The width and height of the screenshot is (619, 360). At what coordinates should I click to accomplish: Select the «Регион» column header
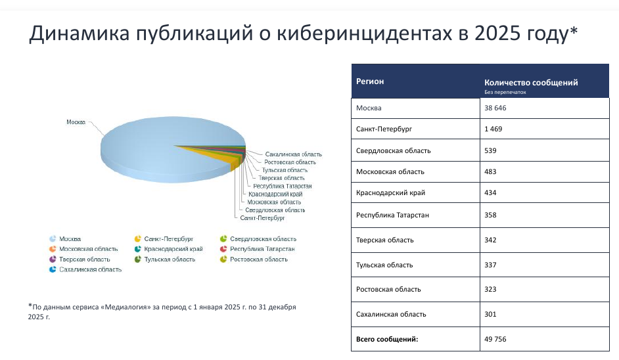tap(370, 81)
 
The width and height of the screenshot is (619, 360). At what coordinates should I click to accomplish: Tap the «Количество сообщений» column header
tap(531, 83)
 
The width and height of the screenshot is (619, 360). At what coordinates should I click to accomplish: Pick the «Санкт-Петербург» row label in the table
tap(384, 129)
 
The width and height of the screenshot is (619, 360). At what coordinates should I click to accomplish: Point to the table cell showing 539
tap(490, 150)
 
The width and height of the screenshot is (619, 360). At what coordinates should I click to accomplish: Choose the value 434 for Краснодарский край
tap(490, 192)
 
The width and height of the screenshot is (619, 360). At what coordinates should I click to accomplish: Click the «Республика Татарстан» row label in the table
tap(394, 215)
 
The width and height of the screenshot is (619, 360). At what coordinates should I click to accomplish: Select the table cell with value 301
tap(490, 314)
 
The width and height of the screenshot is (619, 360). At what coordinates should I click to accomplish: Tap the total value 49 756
tap(495, 339)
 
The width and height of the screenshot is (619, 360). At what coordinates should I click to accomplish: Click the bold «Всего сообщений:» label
tap(387, 339)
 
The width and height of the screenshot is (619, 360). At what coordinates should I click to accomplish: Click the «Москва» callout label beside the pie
tap(76, 122)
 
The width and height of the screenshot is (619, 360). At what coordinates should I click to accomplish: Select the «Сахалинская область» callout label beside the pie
tap(294, 154)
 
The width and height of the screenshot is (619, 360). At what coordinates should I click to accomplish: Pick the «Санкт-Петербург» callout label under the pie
tap(262, 217)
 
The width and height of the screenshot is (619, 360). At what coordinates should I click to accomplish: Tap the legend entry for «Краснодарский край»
tap(173, 249)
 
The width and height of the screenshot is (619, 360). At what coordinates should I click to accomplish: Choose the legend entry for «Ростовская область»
tap(258, 259)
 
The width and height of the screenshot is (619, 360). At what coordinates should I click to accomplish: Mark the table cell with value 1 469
tap(493, 129)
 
